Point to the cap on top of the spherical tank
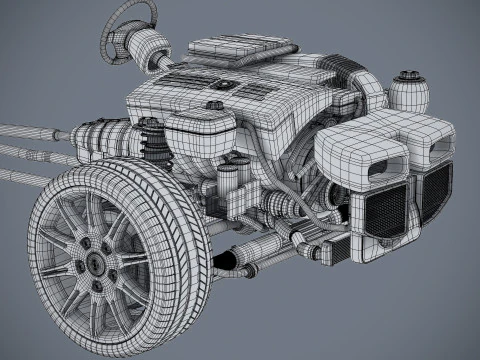coord(407,74)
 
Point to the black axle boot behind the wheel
coord(225,261)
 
